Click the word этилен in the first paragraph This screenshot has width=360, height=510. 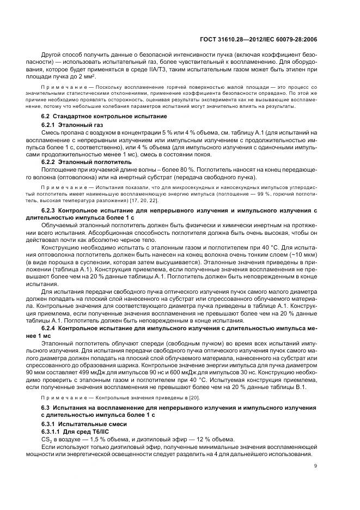coord(295,69)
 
